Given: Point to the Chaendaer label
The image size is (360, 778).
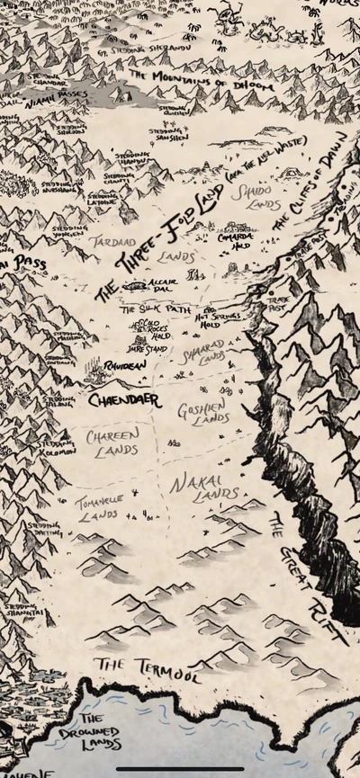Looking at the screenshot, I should [x=125, y=398].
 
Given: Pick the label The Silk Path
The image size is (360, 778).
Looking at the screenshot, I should [x=155, y=309].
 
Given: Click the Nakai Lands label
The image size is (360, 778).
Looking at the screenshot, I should [x=204, y=487].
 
